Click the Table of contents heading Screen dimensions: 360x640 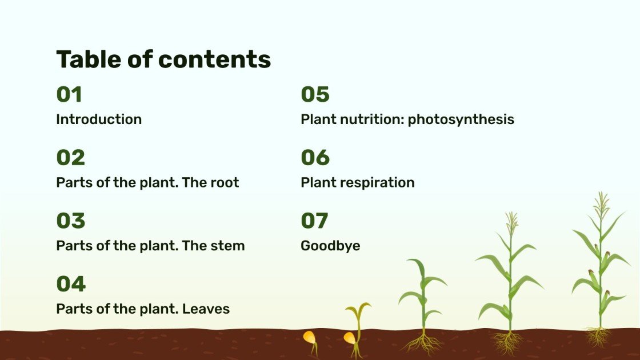(x=163, y=59)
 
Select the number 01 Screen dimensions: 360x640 (x=69, y=94)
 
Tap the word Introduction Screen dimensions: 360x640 (x=99, y=119)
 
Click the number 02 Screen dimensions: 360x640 (x=70, y=158)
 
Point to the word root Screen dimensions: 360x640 (x=225, y=183)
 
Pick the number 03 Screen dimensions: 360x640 (x=70, y=221)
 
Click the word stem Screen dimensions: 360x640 (x=227, y=246)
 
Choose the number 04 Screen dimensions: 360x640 (x=70, y=284)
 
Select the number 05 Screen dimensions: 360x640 (x=315, y=94)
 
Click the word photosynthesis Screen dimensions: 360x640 (x=461, y=119)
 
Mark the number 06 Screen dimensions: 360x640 (x=315, y=158)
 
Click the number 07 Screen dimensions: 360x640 (x=314, y=221)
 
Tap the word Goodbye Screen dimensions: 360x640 (x=330, y=246)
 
